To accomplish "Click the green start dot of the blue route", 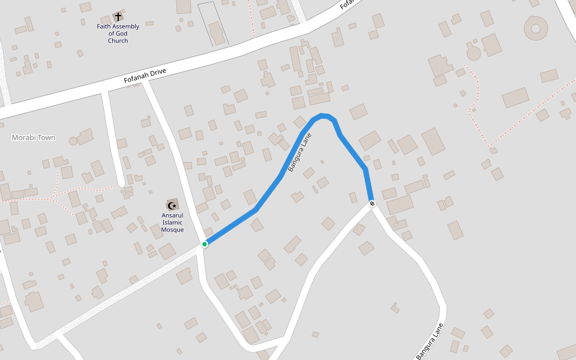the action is pos(205,244).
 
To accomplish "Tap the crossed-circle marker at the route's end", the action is pos(372,204).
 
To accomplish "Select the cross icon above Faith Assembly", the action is pos(118,17).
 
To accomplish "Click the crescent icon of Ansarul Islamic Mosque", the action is pos(172,205).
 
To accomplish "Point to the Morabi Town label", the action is pos(34,137).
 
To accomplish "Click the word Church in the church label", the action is pos(118,41).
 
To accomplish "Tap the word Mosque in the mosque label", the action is pos(172,230).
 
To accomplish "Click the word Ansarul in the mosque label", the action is pos(172,215).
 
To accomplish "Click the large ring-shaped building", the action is pos(536,28).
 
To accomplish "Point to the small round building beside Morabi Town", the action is pos(73,141).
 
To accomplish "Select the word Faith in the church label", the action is pos(105,26).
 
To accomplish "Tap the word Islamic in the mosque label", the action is pos(172,223).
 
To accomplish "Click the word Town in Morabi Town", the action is pos(46,137).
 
